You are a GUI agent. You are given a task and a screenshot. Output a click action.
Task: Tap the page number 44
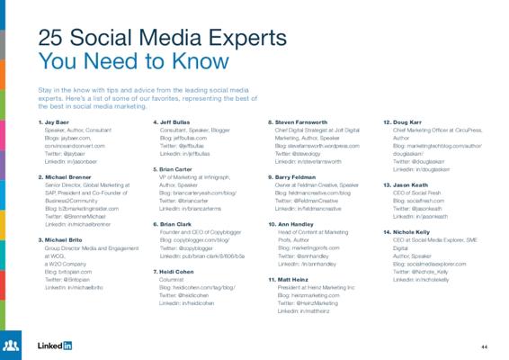tap(484, 346)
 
